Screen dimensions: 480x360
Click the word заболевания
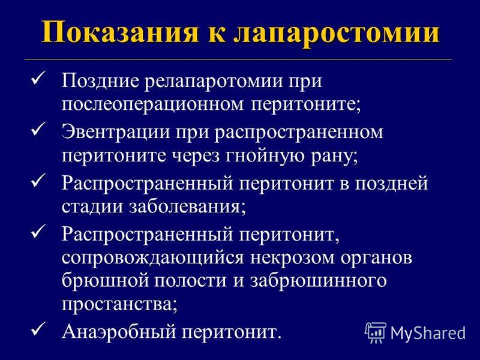coord(187,207)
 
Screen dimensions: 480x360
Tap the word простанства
coord(119,305)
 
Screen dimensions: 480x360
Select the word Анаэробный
coord(119,332)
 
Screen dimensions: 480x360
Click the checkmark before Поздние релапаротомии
coord(38,78)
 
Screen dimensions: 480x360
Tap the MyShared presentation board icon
coord(376,332)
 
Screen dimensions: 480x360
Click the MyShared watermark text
coord(428,333)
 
